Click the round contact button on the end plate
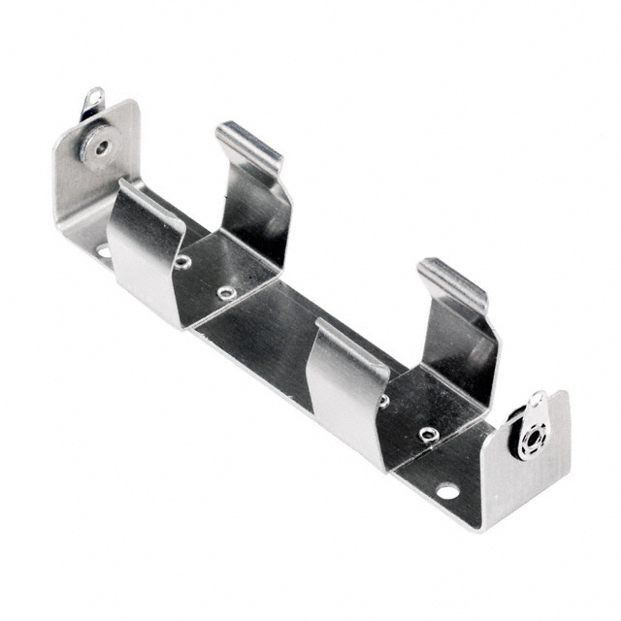click(97, 146)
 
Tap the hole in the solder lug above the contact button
click(95, 98)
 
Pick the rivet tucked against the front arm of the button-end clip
click(182, 261)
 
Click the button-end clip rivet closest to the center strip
click(226, 292)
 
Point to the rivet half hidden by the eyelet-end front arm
click(384, 400)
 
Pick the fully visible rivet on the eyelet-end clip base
click(428, 433)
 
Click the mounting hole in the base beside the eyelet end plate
click(447, 491)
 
